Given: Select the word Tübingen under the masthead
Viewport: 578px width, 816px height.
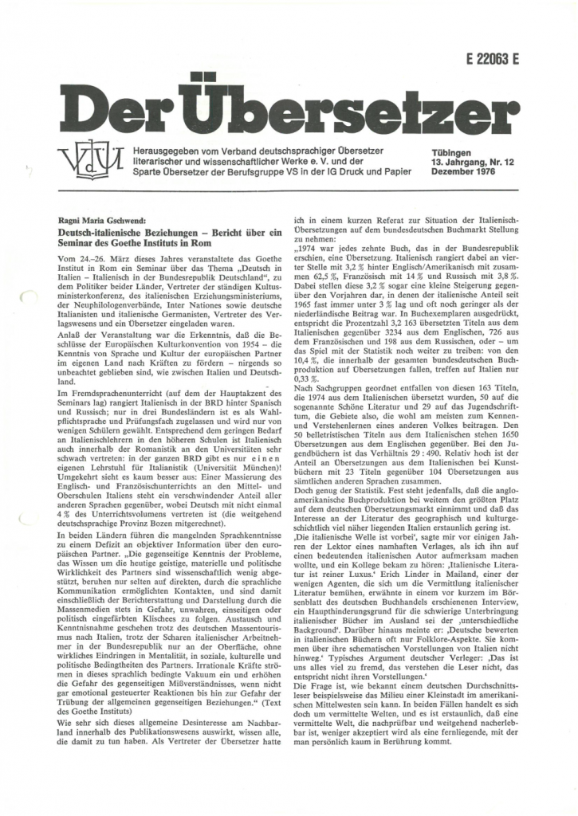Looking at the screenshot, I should (x=451, y=152).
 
